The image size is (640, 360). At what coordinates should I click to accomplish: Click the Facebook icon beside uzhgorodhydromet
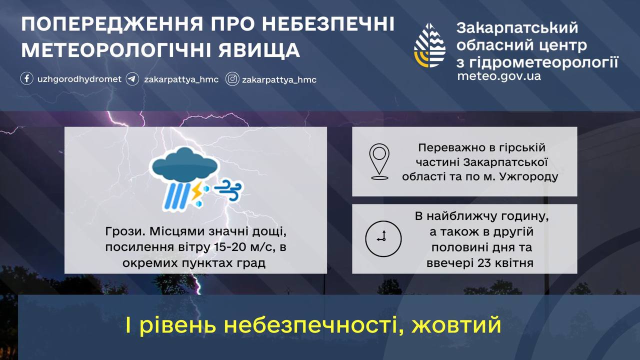pos(27,79)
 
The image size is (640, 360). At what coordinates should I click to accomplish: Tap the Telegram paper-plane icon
pos(132,79)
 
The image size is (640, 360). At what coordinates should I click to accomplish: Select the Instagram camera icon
pos(232,79)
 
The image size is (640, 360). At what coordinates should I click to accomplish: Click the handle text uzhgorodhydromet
pos(79,79)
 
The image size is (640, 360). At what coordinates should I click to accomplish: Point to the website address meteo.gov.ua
pos(498,76)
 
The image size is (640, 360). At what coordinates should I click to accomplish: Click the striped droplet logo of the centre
pos(429,45)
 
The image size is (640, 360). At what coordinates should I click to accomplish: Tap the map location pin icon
pos(379,161)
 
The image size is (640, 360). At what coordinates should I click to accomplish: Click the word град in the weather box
pos(250,263)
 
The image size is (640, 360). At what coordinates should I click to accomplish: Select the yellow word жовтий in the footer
pos(456,325)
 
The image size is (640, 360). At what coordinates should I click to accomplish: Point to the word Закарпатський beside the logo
pos(517,28)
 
